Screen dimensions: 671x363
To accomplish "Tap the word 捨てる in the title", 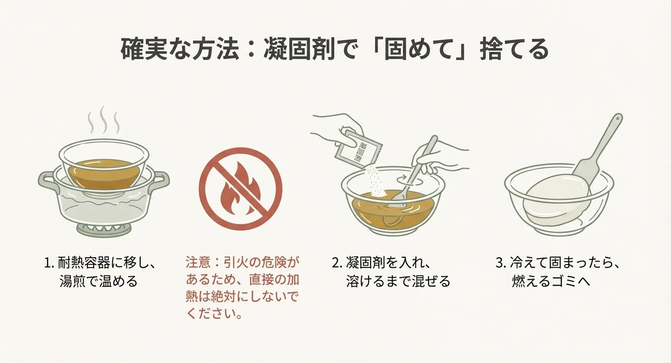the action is coord(514,49).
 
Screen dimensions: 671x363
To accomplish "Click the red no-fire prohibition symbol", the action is coord(240,189).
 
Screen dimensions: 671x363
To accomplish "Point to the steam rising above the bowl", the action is coord(103,120).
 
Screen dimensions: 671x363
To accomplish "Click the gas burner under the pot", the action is coord(104,230).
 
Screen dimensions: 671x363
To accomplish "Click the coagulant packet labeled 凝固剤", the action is coord(358,149).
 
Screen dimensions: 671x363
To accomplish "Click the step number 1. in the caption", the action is coord(49,263).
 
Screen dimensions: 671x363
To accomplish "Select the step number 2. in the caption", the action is coord(336,263).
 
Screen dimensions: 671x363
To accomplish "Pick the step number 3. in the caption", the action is coord(500,263).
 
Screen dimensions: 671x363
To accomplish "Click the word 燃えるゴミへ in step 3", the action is coord(551,281).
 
